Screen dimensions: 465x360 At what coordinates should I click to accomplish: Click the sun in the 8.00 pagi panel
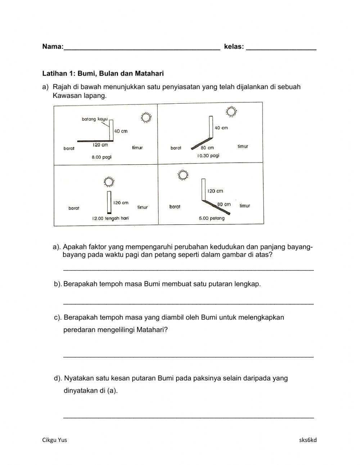point(146,118)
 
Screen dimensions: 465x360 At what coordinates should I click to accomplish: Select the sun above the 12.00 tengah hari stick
point(109,182)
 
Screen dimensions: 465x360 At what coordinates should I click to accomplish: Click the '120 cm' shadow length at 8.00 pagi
point(100,145)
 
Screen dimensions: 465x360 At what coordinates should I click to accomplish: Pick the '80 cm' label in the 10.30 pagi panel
point(207,148)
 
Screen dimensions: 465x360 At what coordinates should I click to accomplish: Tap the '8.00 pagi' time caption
point(102,157)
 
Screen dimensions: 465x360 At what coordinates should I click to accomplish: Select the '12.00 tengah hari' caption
point(110,218)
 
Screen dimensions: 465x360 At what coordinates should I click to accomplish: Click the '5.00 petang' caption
point(212,218)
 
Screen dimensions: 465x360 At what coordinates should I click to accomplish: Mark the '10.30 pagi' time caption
point(208,156)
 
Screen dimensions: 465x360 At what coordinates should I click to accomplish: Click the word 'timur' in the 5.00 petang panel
point(245,206)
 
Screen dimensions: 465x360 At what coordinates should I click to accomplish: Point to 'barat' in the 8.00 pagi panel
point(69,148)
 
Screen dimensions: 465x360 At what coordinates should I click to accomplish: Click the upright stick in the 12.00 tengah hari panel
point(109,202)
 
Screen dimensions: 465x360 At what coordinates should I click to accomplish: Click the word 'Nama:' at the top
point(53,46)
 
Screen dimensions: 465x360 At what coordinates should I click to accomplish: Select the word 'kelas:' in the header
point(234,46)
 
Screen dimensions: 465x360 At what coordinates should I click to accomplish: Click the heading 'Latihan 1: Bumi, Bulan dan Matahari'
point(103,73)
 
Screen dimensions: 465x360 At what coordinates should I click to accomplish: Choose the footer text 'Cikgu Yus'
point(55,440)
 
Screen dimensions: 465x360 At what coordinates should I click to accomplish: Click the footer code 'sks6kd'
point(308,440)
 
